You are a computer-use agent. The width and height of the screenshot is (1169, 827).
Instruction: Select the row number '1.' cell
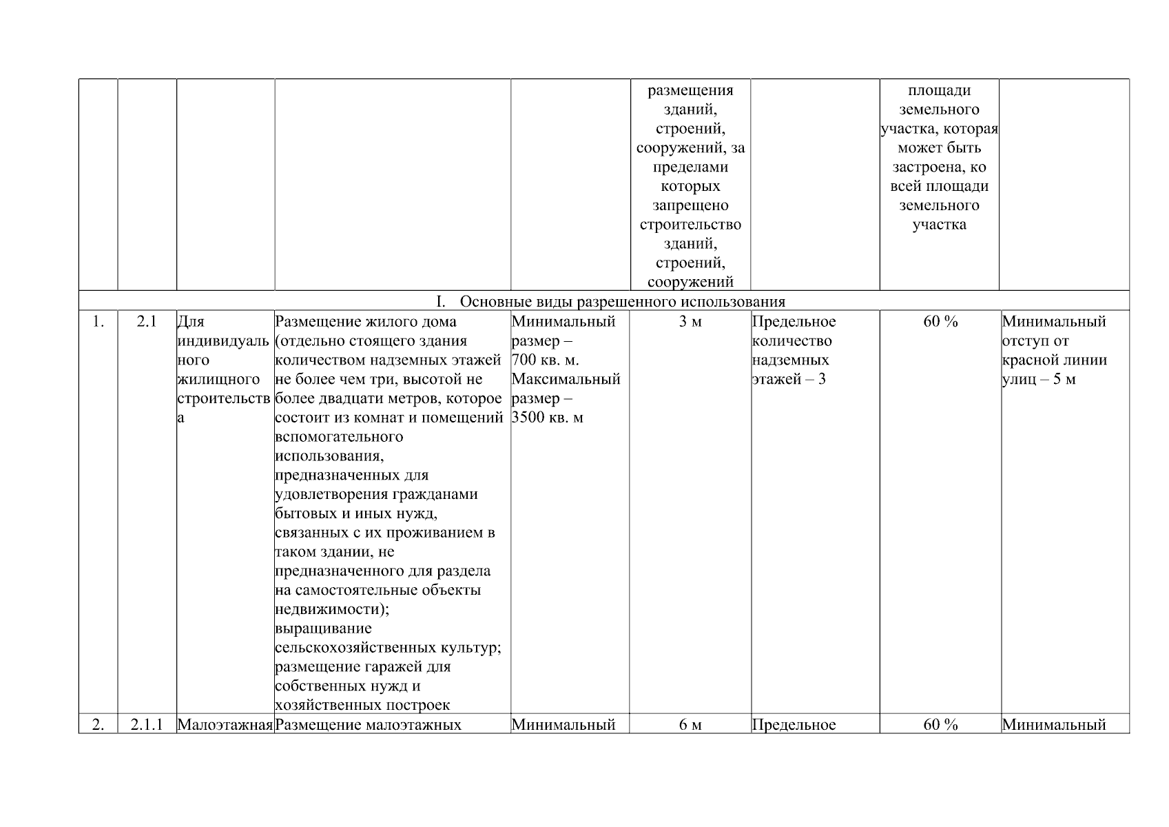(98, 322)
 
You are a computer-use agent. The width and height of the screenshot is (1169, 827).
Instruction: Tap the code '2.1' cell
(147, 322)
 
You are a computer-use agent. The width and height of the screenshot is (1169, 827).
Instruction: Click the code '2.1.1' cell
(147, 725)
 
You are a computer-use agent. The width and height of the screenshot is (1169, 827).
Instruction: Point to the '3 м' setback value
(690, 322)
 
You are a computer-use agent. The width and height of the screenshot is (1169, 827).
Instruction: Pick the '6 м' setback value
(690, 725)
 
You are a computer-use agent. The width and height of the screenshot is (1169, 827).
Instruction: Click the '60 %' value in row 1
(940, 322)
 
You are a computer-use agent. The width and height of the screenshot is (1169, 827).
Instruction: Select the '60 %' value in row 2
(940, 725)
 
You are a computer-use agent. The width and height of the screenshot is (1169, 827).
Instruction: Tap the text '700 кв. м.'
(546, 360)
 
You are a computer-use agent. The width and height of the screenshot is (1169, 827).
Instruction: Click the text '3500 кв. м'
(548, 418)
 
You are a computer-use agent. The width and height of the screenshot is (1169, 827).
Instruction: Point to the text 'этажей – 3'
(789, 380)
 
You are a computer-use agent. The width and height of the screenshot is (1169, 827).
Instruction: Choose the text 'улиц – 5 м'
(1039, 380)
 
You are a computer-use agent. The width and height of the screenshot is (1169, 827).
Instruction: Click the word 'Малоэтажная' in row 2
(225, 725)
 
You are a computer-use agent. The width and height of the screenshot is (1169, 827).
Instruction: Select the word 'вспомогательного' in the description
(339, 437)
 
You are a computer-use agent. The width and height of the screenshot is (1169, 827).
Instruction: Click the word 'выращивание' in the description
(323, 629)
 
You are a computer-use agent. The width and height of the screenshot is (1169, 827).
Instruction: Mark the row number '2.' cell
(98, 725)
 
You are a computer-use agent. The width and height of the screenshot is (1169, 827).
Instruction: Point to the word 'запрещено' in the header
(690, 205)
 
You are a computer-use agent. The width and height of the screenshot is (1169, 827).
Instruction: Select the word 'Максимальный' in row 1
(566, 380)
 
